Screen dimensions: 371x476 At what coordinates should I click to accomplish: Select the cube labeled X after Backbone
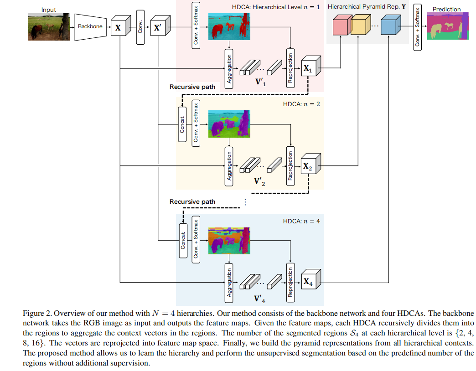click(x=119, y=28)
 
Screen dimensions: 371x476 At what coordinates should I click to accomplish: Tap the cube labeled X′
click(x=158, y=28)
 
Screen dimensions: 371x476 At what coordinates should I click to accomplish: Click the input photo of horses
click(x=49, y=27)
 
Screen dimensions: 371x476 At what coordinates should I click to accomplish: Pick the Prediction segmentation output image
click(x=448, y=26)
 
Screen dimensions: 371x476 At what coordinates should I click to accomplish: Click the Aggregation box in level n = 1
click(x=229, y=68)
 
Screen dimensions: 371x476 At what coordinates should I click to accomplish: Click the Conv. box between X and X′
click(x=140, y=28)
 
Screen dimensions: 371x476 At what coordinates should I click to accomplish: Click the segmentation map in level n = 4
click(x=229, y=241)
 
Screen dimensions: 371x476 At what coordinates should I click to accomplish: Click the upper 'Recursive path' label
click(x=192, y=87)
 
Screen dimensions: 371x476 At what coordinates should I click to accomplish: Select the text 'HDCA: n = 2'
click(x=301, y=104)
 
